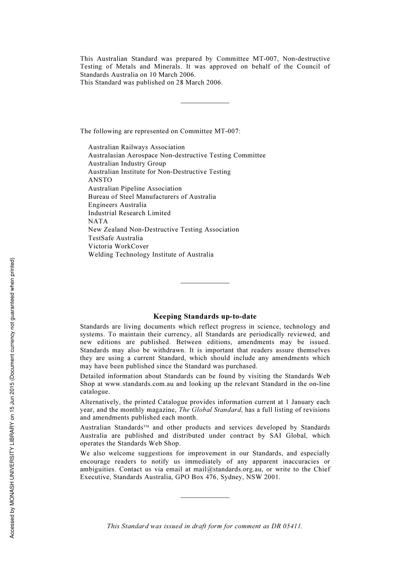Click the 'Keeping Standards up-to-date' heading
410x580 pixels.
pos(205,317)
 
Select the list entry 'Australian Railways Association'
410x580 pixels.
pos(136,147)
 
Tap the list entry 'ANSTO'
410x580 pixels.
pos(100,180)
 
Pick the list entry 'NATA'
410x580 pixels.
pos(98,221)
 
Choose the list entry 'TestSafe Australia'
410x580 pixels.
pos(115,238)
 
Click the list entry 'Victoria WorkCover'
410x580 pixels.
pos(118,246)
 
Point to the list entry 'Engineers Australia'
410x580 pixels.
pos(117,205)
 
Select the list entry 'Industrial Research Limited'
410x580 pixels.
pos(129,213)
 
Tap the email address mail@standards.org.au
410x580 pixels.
pos(227,469)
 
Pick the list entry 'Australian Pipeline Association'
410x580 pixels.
pos(135,188)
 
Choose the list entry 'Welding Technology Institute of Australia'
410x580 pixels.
pos(151,254)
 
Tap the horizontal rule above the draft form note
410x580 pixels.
pos(205,497)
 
